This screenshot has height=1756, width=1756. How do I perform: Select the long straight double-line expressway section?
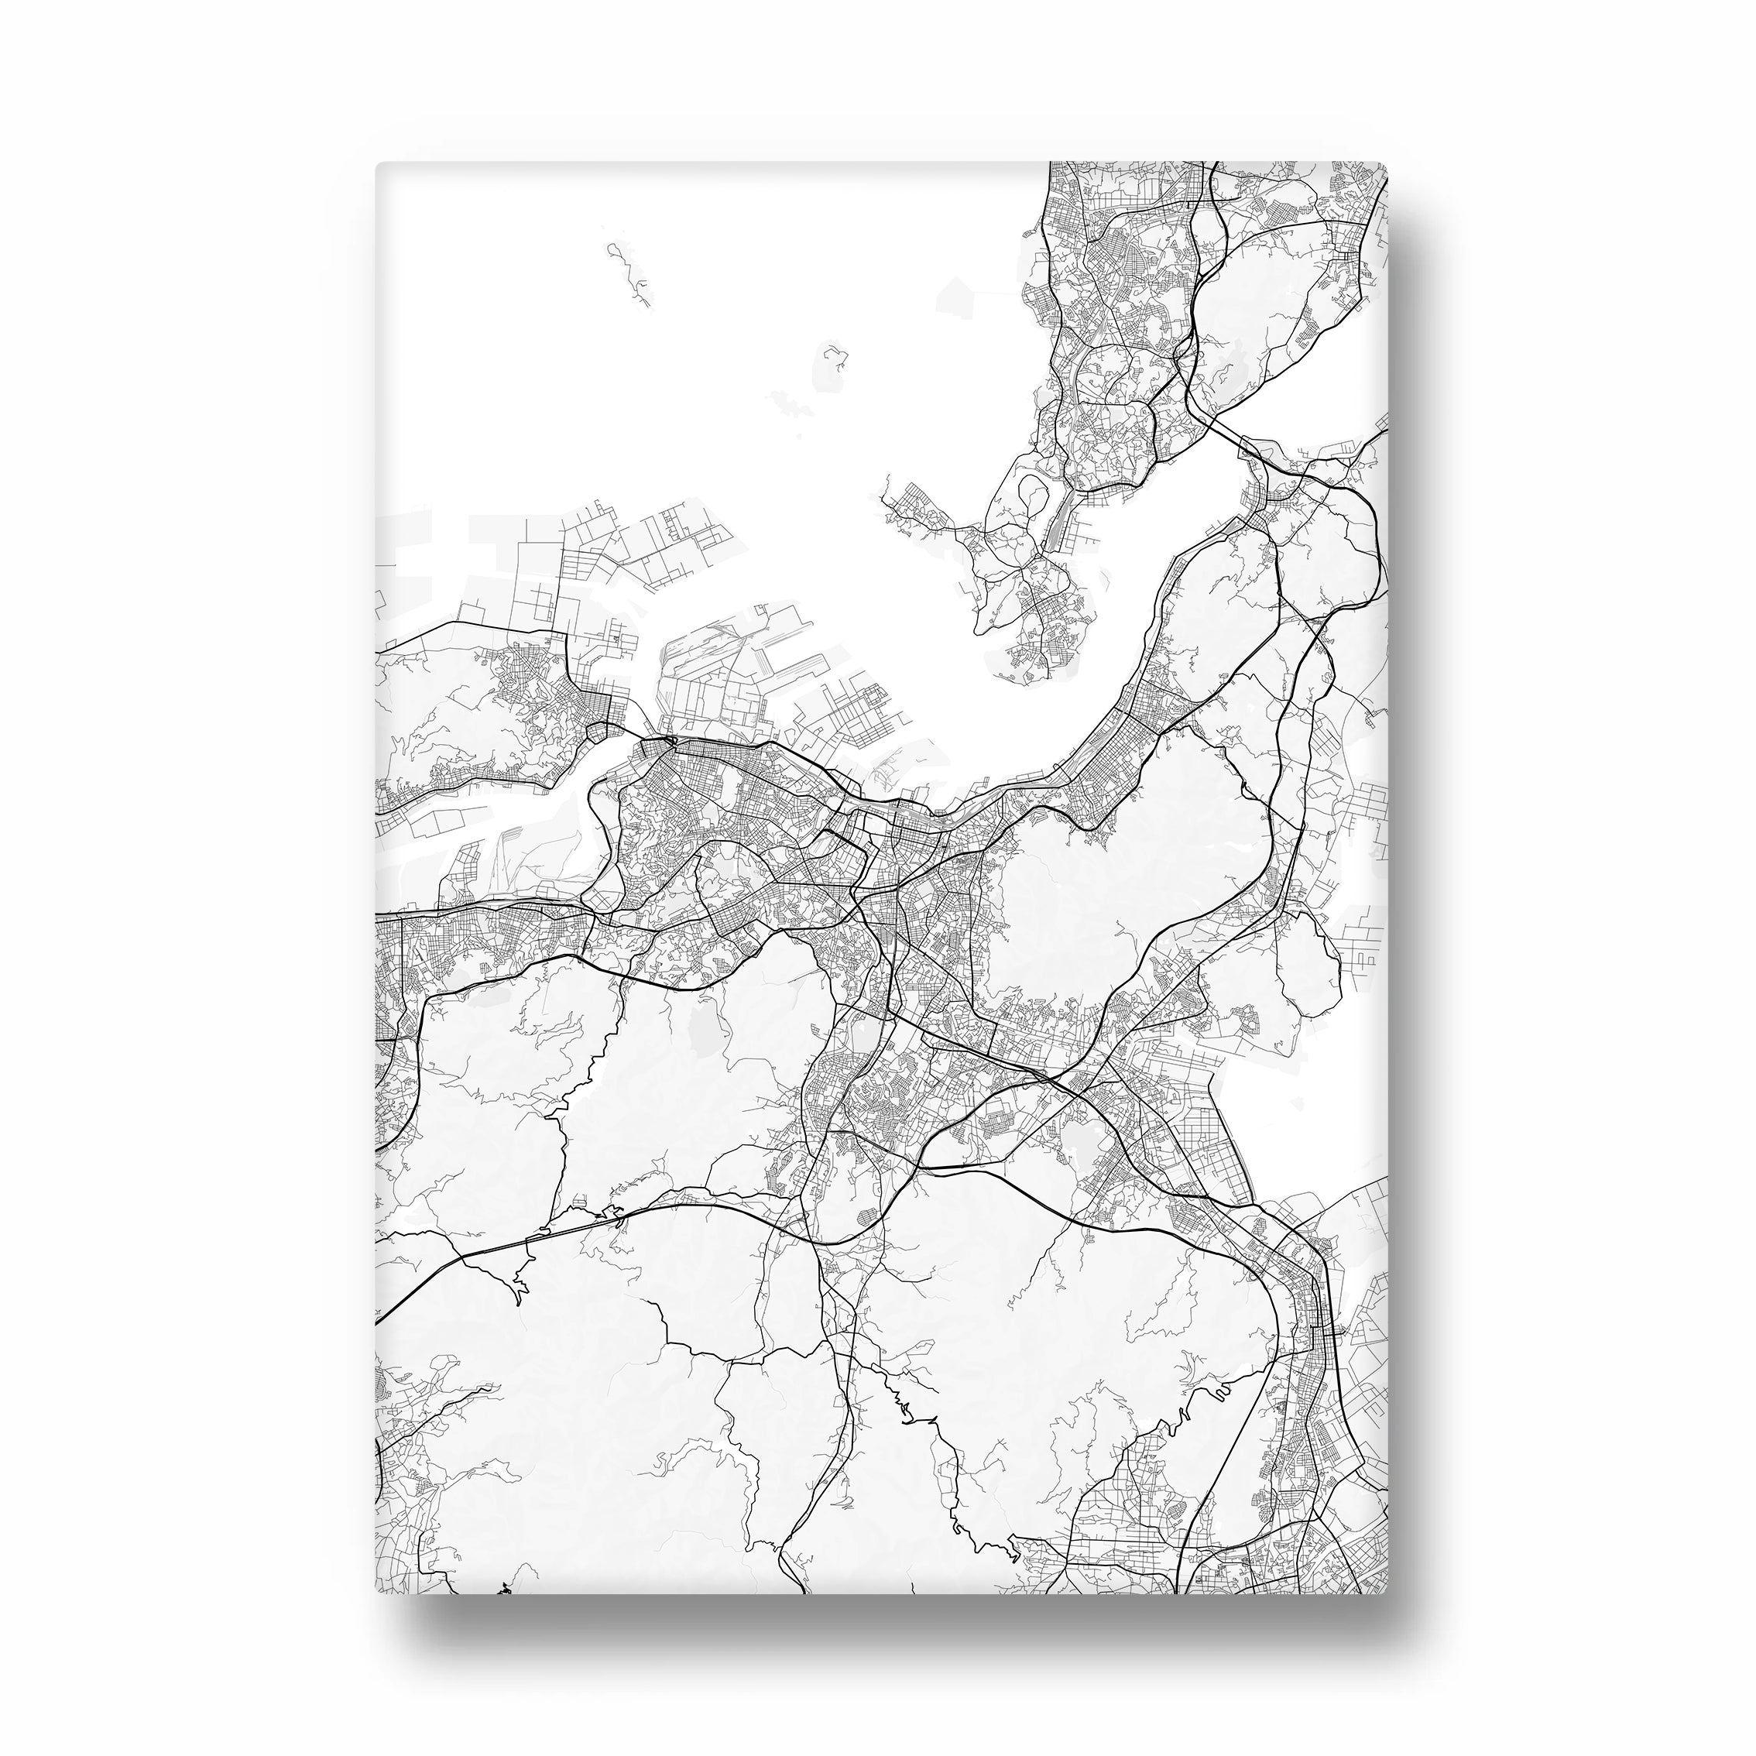pos(509,1245)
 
